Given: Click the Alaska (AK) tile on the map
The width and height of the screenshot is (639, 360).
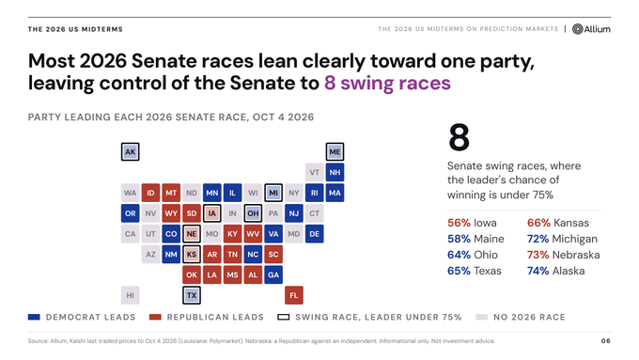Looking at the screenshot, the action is (x=130, y=151).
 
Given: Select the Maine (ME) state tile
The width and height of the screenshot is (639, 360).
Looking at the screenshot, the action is (x=335, y=151).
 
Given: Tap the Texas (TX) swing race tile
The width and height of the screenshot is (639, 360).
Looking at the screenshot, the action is (x=192, y=295).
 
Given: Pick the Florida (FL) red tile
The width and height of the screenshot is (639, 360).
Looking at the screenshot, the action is (x=294, y=295).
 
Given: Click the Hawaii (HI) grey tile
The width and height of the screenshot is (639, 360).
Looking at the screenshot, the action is (x=130, y=295).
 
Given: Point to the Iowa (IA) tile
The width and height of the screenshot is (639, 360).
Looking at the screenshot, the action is (x=212, y=213).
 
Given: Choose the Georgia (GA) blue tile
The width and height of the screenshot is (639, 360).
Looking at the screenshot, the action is (x=273, y=274).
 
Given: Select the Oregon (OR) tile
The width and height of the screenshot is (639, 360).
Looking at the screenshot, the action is (x=130, y=213).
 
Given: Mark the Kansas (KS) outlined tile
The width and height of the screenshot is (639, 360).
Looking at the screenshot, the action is (x=192, y=255).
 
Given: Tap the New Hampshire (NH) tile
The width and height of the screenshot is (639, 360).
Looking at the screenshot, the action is (x=335, y=172).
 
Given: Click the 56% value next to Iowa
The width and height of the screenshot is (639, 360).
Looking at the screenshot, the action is (x=459, y=223).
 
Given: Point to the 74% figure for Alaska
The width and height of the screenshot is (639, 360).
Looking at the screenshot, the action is (x=538, y=271).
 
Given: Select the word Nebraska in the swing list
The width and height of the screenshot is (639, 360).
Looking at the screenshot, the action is (x=575, y=255).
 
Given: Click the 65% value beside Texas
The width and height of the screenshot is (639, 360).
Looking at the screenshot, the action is (x=459, y=271).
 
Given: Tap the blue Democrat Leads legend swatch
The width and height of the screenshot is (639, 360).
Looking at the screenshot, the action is (x=34, y=317).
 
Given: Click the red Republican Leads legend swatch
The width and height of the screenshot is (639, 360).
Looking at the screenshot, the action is (x=155, y=317).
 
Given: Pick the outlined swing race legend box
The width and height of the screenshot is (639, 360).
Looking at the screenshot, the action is (x=283, y=317).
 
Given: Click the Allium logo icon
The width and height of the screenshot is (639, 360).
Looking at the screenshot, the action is (x=578, y=29).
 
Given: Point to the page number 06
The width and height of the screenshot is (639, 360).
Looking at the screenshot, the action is (x=606, y=341).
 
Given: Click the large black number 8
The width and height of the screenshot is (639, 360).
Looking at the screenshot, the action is (x=459, y=137).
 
